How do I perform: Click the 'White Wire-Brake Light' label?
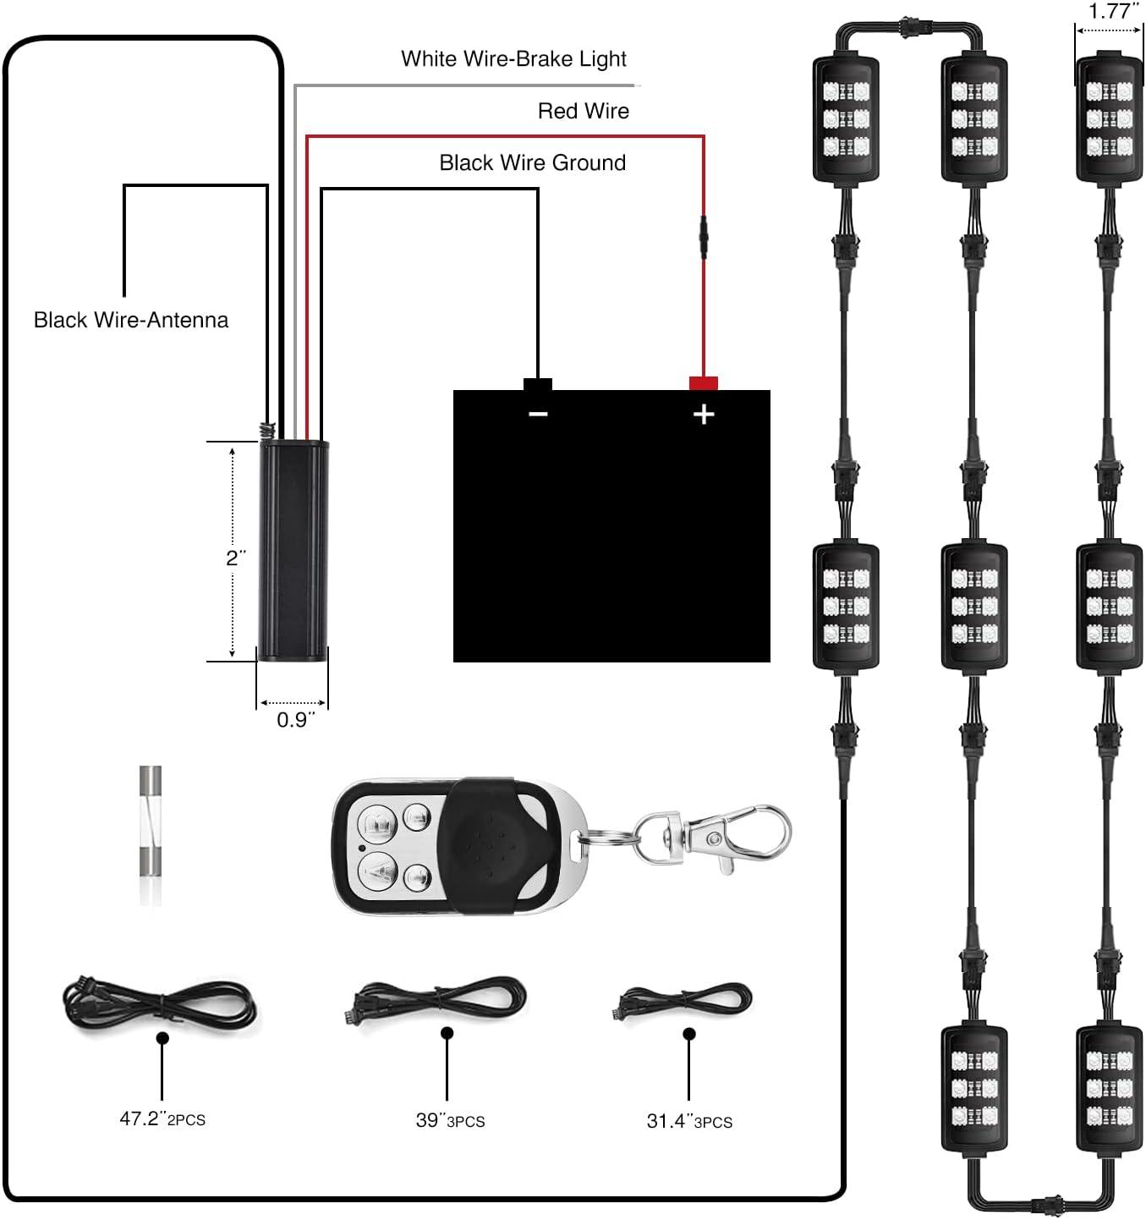(x=513, y=59)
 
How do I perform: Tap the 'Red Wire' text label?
(x=583, y=111)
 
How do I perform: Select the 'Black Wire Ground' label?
(x=532, y=162)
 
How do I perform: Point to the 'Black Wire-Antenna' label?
(x=131, y=320)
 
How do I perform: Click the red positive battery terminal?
(x=703, y=383)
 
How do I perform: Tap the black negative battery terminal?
(x=538, y=384)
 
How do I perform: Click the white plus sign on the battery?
(x=703, y=414)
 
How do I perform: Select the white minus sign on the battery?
(x=538, y=414)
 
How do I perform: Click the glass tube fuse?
(x=150, y=835)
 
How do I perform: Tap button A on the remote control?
(x=378, y=868)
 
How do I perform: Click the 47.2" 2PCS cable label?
(x=162, y=1118)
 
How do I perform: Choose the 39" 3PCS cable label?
(x=450, y=1120)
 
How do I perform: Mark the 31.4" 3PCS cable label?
(x=688, y=1121)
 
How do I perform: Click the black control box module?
(x=293, y=550)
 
